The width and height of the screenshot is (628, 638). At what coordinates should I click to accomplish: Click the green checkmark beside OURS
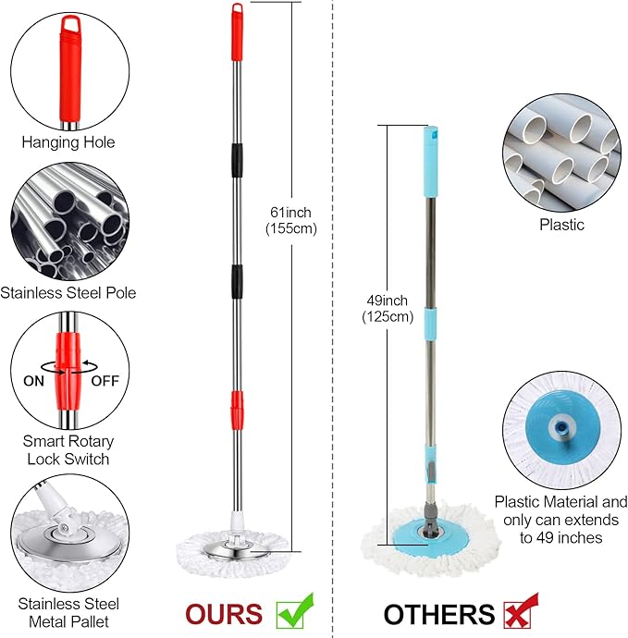295,611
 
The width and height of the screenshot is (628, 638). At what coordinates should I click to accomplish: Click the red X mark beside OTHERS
520,611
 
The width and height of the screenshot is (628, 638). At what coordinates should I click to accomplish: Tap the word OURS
224,614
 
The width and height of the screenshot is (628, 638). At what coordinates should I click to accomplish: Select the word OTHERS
439,614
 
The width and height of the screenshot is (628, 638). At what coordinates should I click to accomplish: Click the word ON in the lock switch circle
34,381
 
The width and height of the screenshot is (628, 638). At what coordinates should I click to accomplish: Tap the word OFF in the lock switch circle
105,381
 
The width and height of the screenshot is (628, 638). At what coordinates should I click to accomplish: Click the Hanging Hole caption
68,142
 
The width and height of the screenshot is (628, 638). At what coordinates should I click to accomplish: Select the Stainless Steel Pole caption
68,293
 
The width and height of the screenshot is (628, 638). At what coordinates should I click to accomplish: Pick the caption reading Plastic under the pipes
561,225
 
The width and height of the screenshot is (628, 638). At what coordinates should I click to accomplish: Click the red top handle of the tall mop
238,32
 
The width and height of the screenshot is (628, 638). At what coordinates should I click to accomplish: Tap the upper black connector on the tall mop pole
238,160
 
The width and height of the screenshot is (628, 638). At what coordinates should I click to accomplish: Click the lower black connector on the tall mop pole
238,281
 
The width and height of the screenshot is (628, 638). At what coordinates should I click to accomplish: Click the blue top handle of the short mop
431,162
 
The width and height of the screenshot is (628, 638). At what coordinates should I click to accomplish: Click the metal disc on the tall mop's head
237,550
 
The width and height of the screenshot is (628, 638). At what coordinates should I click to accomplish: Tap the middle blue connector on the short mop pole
431,324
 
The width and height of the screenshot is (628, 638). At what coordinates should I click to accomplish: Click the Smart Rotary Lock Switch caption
68,450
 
